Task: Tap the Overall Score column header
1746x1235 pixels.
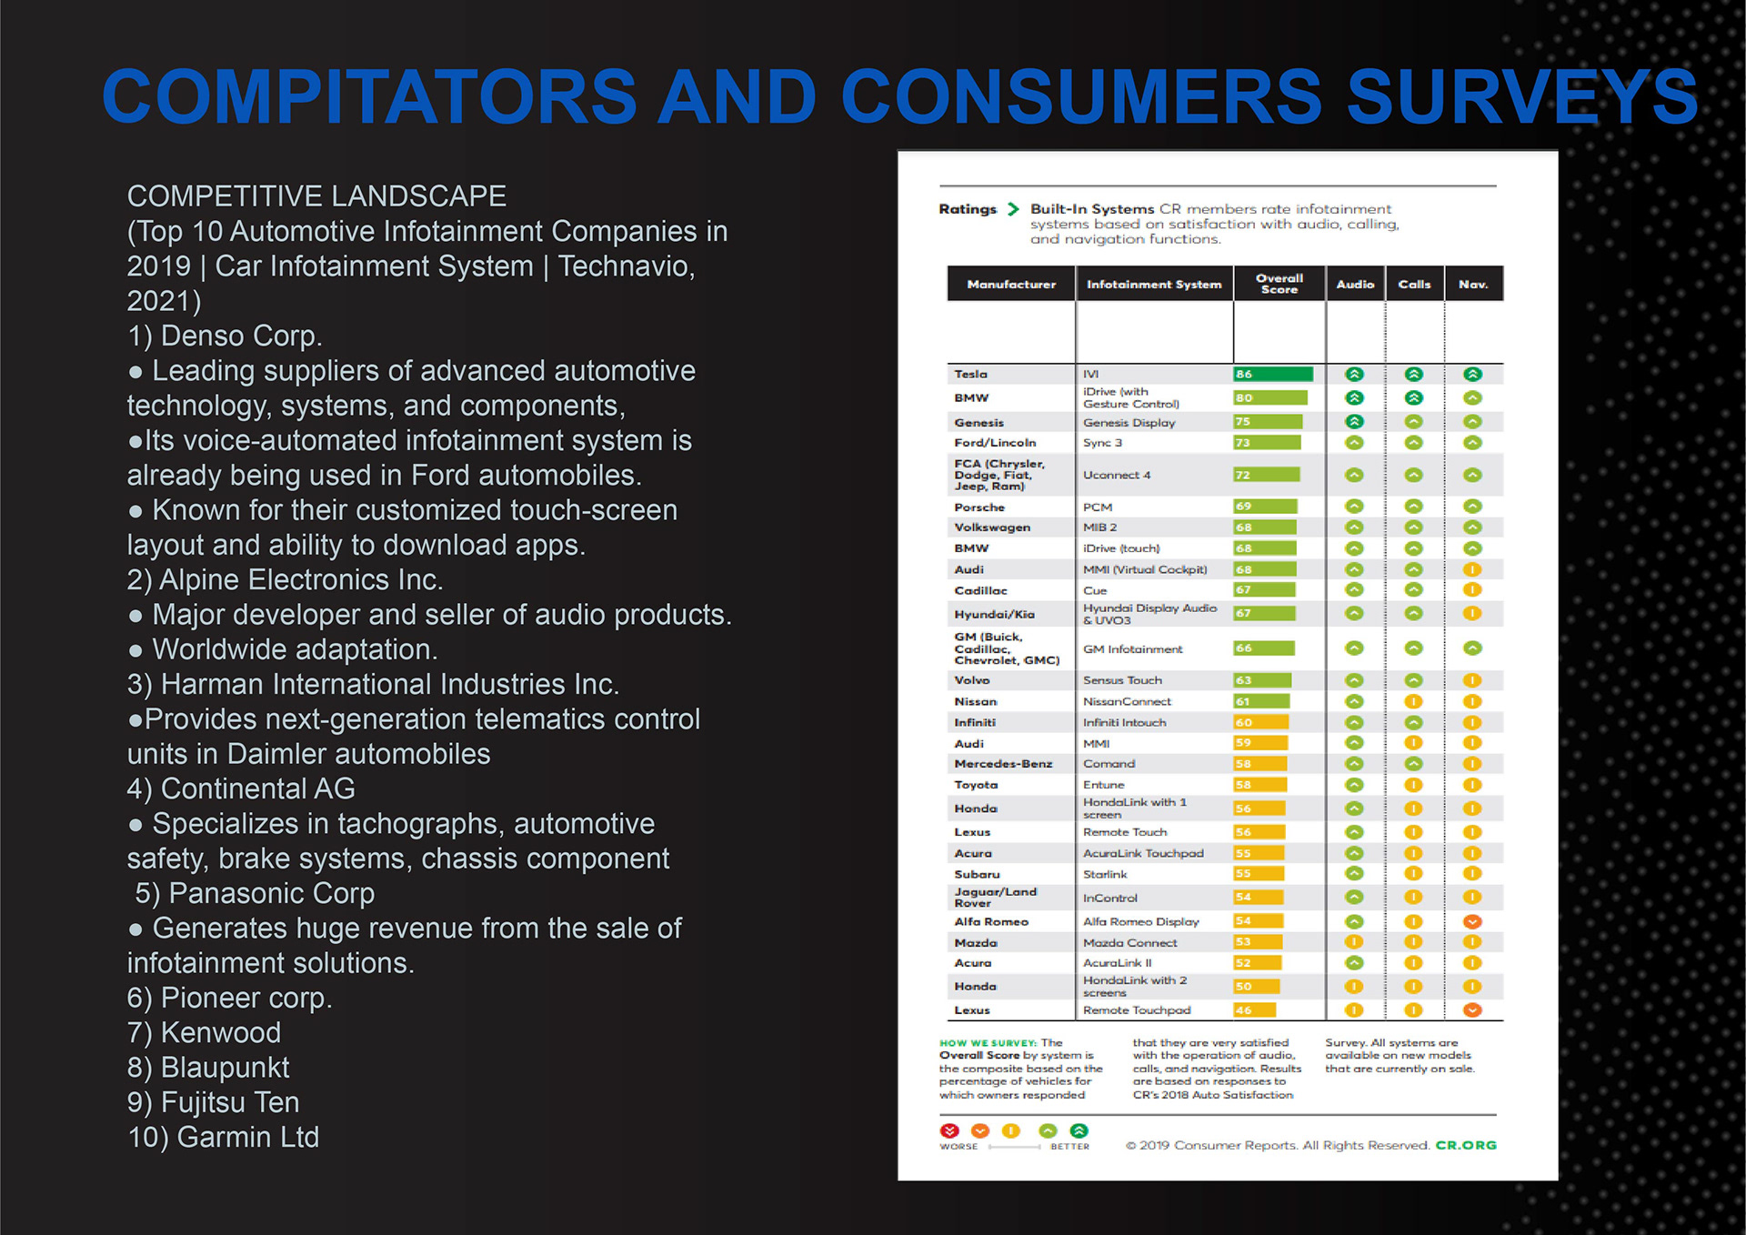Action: (x=1279, y=284)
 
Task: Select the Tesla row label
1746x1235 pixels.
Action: (x=970, y=374)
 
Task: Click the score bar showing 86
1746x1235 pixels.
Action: (x=1272, y=374)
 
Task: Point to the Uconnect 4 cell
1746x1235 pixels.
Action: (x=1117, y=475)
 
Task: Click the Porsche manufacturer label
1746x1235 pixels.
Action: (x=979, y=507)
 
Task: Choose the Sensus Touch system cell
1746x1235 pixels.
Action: (x=1122, y=680)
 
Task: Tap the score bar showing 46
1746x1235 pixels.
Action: (x=1254, y=1009)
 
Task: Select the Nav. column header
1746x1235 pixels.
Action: (x=1472, y=284)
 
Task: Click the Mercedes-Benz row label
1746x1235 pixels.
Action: (x=1003, y=764)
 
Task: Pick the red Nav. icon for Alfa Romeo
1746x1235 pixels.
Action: (x=1472, y=921)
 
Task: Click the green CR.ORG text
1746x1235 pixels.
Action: (x=1465, y=1145)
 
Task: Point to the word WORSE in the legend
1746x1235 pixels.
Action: (x=958, y=1147)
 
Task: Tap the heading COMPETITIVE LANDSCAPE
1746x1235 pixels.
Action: (x=316, y=196)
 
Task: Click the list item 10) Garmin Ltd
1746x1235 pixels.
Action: (x=223, y=1137)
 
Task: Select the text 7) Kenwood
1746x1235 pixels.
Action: (x=204, y=1032)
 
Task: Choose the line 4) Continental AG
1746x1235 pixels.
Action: (x=241, y=788)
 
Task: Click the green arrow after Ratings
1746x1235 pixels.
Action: (x=1013, y=209)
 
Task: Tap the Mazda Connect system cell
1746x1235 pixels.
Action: (x=1129, y=943)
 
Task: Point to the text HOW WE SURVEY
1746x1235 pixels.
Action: (x=988, y=1043)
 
